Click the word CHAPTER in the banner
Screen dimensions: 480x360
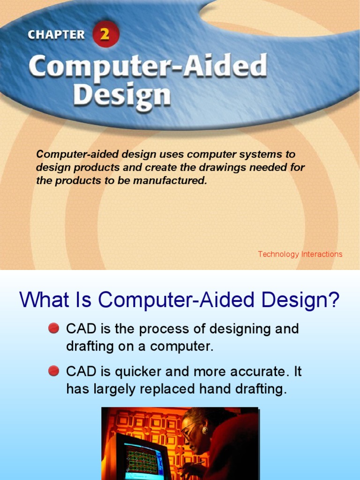pos(56,35)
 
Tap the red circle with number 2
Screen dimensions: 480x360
pos(106,35)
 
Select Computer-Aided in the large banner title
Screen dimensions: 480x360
pos(148,68)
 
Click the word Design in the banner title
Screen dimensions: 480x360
pos(121,96)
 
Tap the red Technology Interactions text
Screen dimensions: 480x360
pos(300,254)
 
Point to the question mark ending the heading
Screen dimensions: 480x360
pos(333,300)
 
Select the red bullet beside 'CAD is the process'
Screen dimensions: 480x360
pos(53,329)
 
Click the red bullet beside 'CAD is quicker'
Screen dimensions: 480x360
pos(53,372)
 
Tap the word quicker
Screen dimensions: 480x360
pos(136,372)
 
